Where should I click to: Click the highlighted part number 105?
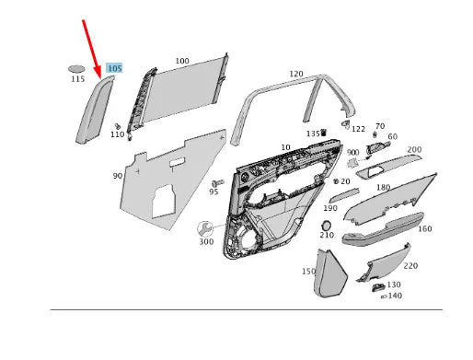[114, 68]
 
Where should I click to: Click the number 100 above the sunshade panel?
[182, 62]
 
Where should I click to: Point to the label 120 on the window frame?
[295, 74]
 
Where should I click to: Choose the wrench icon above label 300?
[205, 227]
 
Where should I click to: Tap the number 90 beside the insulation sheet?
[118, 175]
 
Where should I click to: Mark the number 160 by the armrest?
[424, 228]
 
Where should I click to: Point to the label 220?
[410, 265]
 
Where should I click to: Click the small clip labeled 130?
[379, 287]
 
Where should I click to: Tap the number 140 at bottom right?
[395, 296]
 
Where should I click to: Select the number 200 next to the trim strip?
[414, 149]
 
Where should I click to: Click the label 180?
[383, 187]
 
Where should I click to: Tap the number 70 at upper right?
[380, 126]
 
